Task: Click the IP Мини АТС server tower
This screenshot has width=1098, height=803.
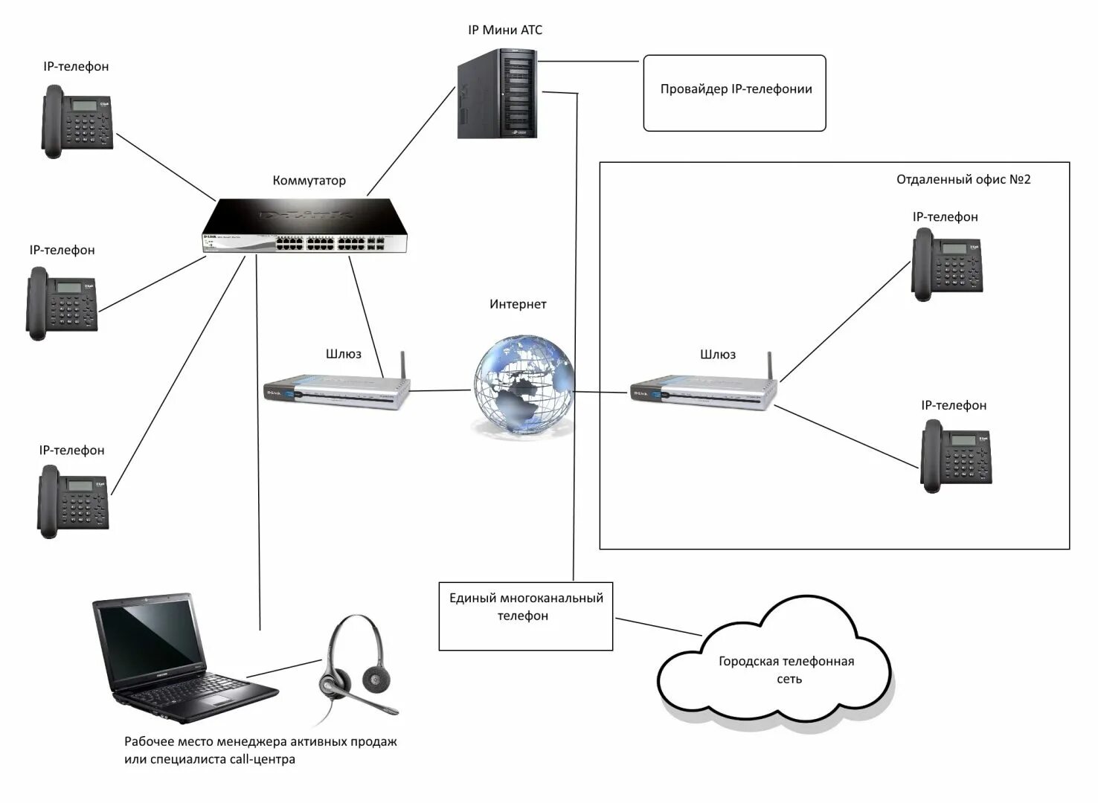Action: click(x=497, y=93)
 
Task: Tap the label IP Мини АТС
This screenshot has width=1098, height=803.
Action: click(x=505, y=30)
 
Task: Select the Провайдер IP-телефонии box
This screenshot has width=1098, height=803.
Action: click(x=734, y=93)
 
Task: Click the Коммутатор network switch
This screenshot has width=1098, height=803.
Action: click(x=304, y=225)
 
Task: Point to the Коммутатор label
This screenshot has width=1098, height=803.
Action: click(x=309, y=180)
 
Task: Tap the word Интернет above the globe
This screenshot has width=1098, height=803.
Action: click(x=518, y=304)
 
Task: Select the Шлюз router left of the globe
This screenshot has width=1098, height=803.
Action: click(x=337, y=387)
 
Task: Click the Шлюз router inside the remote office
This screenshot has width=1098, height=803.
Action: click(x=704, y=387)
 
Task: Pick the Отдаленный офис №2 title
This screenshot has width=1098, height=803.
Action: click(x=963, y=179)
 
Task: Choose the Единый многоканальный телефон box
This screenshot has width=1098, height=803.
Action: click(x=525, y=616)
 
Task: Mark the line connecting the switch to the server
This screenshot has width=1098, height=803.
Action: click(x=411, y=141)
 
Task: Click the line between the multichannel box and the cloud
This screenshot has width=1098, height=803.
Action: click(x=658, y=627)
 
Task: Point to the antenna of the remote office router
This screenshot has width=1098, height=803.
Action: click(x=770, y=366)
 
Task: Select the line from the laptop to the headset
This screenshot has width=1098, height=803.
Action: click(x=284, y=668)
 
